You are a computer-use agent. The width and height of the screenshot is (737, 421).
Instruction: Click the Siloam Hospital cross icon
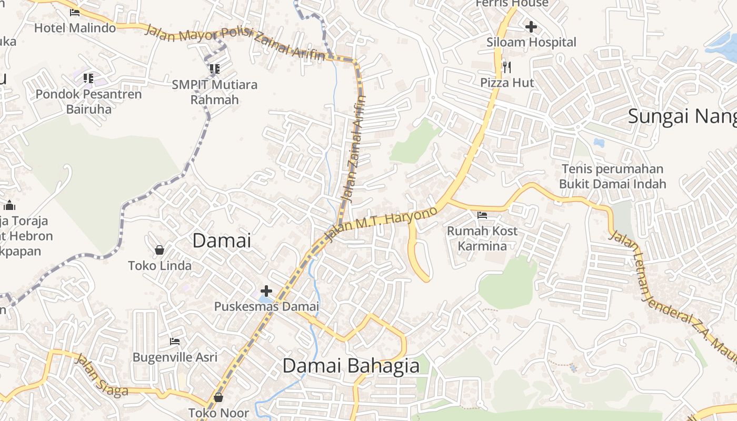[531, 26]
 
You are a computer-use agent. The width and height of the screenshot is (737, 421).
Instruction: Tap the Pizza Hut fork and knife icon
[506, 67]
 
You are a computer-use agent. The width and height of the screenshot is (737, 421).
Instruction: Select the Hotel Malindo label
[75, 27]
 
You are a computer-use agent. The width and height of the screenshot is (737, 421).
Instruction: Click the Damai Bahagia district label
[351, 366]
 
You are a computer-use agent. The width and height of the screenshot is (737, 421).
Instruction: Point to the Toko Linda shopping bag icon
[160, 250]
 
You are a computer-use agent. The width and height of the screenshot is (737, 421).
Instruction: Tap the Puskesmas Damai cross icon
[266, 290]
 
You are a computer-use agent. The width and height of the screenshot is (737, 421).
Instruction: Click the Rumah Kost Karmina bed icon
[482, 215]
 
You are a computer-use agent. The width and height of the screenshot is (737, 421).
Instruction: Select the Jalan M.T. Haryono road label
[382, 224]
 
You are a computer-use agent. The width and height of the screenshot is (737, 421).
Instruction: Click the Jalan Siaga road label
[102, 375]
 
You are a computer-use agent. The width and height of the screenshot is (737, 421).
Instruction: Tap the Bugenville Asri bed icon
[175, 342]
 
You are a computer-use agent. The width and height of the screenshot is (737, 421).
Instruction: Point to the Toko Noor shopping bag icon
[218, 397]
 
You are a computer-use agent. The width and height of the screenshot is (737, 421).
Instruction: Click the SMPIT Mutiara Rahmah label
[215, 92]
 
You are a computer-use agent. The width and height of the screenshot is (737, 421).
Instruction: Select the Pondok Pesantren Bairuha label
[88, 102]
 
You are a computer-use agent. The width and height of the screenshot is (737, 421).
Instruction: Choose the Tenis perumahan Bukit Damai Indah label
[612, 176]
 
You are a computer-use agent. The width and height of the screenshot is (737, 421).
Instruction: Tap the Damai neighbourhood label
[222, 240]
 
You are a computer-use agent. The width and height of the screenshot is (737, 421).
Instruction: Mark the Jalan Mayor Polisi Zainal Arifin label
[234, 42]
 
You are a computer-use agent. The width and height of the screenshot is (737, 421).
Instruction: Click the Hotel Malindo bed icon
[75, 13]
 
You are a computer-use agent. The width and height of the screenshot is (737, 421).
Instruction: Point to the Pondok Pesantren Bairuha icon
[88, 78]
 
